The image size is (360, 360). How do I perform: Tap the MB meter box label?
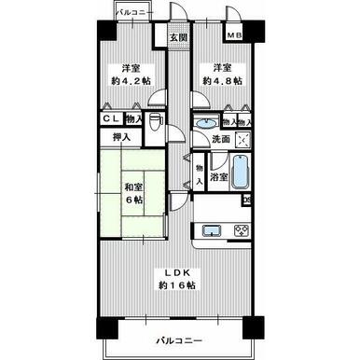coord(237,37)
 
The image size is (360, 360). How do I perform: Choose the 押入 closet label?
coord(121,136)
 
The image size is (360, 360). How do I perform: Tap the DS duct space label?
coord(247,199)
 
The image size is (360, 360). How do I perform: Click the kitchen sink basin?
coord(209,231)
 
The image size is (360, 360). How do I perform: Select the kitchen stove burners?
coord(242,231)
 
